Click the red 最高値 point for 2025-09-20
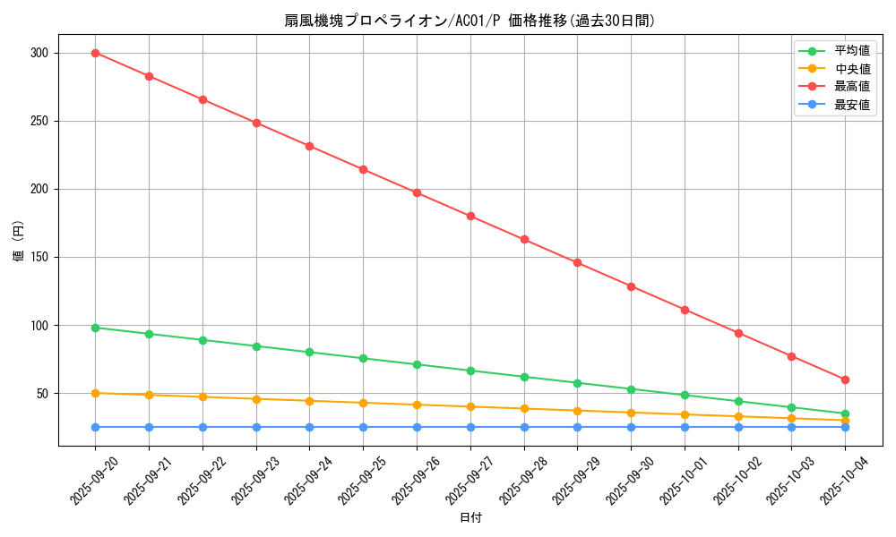pyautogui.click(x=95, y=53)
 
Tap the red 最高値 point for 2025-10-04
pyautogui.click(x=845, y=379)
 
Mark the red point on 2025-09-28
pyautogui.click(x=524, y=240)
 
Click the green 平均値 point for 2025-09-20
pyautogui.click(x=95, y=328)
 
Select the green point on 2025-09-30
pyautogui.click(x=631, y=389)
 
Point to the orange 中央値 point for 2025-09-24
pyautogui.click(x=309, y=401)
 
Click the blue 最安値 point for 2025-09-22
pyautogui.click(x=202, y=427)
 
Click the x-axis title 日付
pyautogui.click(x=470, y=518)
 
